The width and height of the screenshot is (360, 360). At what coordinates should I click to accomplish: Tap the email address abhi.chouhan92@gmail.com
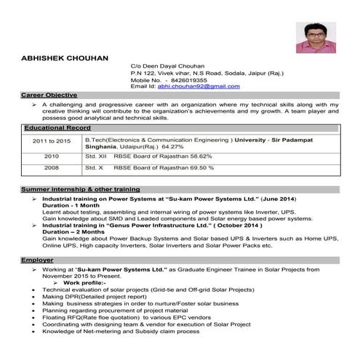[x=199, y=87]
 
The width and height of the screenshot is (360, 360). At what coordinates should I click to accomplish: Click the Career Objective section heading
[x=50, y=95]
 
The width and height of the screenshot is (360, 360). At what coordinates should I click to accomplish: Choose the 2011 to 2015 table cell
[x=51, y=141]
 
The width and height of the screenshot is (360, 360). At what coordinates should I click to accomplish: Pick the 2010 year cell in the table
[x=51, y=156]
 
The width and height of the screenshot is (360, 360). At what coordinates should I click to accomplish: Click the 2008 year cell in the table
[x=51, y=168]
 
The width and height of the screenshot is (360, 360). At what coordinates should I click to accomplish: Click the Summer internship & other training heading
[x=80, y=189]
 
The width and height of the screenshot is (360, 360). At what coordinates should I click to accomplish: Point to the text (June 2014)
[x=277, y=199]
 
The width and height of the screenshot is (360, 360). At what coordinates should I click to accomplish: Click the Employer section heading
[x=38, y=260]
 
